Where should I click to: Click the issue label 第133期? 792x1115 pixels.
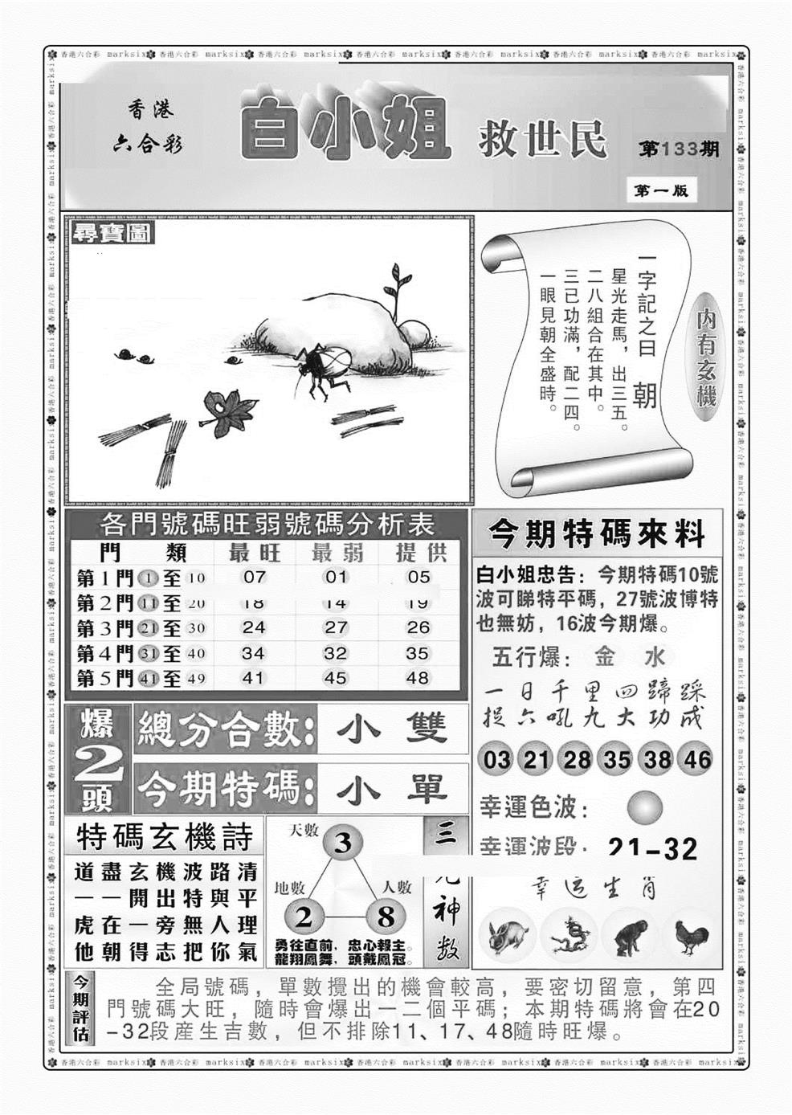679,149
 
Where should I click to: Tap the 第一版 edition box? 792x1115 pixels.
660,191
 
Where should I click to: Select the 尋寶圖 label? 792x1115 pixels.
102,234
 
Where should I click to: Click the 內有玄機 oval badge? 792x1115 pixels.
707,360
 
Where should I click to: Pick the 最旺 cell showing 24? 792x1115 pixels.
254,627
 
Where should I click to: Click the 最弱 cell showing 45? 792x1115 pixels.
336,678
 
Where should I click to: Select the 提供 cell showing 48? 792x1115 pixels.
418,678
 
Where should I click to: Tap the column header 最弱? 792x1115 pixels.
336,553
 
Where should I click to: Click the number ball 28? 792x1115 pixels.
577,759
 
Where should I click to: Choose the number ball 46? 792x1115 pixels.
697,759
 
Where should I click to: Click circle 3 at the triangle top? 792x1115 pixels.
343,843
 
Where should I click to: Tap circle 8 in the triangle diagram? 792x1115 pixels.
386,917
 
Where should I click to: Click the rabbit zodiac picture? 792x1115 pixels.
508,937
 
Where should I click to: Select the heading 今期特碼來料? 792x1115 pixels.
596,533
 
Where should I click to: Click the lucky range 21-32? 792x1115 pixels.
652,848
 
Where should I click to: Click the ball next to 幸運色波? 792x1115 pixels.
644,807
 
